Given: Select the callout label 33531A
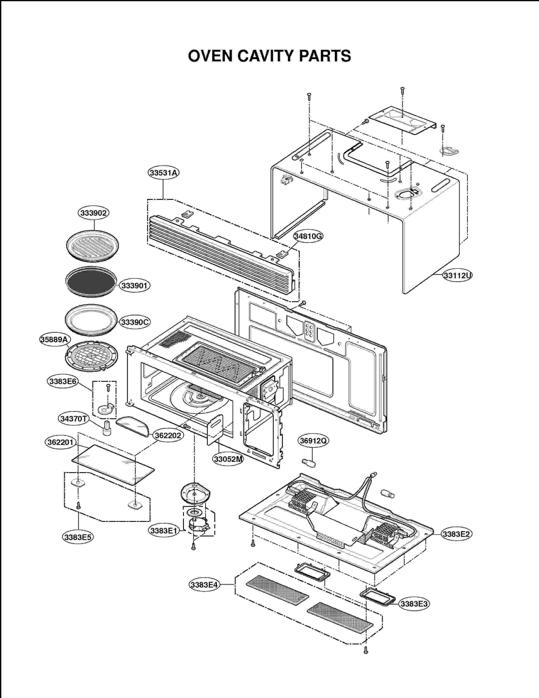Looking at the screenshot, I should pyautogui.click(x=163, y=173).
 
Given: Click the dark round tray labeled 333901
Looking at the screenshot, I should pyautogui.click(x=91, y=281).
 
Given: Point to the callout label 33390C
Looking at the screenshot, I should pyautogui.click(x=135, y=322).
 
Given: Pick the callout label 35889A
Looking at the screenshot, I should pyautogui.click(x=54, y=339).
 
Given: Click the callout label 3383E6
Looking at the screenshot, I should pyautogui.click(x=63, y=381).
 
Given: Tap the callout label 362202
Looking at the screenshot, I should pyautogui.click(x=167, y=435).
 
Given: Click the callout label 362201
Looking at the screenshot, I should pyautogui.click(x=61, y=442).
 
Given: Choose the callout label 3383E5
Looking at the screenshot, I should pyautogui.click(x=78, y=537).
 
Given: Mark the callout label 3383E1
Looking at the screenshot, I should pyautogui.click(x=164, y=531).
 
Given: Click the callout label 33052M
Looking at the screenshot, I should pyautogui.click(x=228, y=459).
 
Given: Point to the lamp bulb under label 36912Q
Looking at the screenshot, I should pyautogui.click(x=309, y=463).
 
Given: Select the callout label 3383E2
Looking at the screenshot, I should pyautogui.click(x=456, y=534).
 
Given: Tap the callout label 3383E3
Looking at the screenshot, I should pyautogui.click(x=414, y=604).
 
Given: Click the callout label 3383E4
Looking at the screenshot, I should pyautogui.click(x=204, y=585).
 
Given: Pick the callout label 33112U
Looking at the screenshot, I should pyautogui.click(x=457, y=275).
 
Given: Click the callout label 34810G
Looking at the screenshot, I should pyautogui.click(x=308, y=236).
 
